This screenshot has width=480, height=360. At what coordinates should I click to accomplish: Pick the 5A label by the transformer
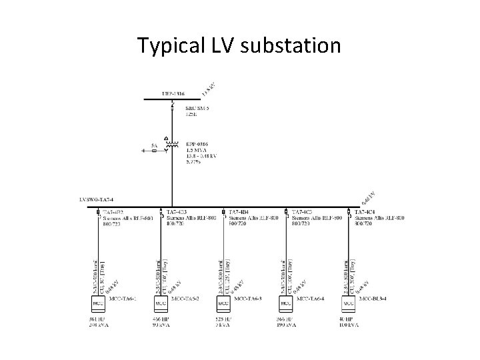(155, 143)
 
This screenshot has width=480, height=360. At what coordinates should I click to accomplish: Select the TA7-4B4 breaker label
(239, 213)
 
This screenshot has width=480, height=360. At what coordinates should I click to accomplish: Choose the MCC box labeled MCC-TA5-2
(161, 303)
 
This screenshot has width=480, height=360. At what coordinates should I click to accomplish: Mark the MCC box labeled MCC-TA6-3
(224, 303)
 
